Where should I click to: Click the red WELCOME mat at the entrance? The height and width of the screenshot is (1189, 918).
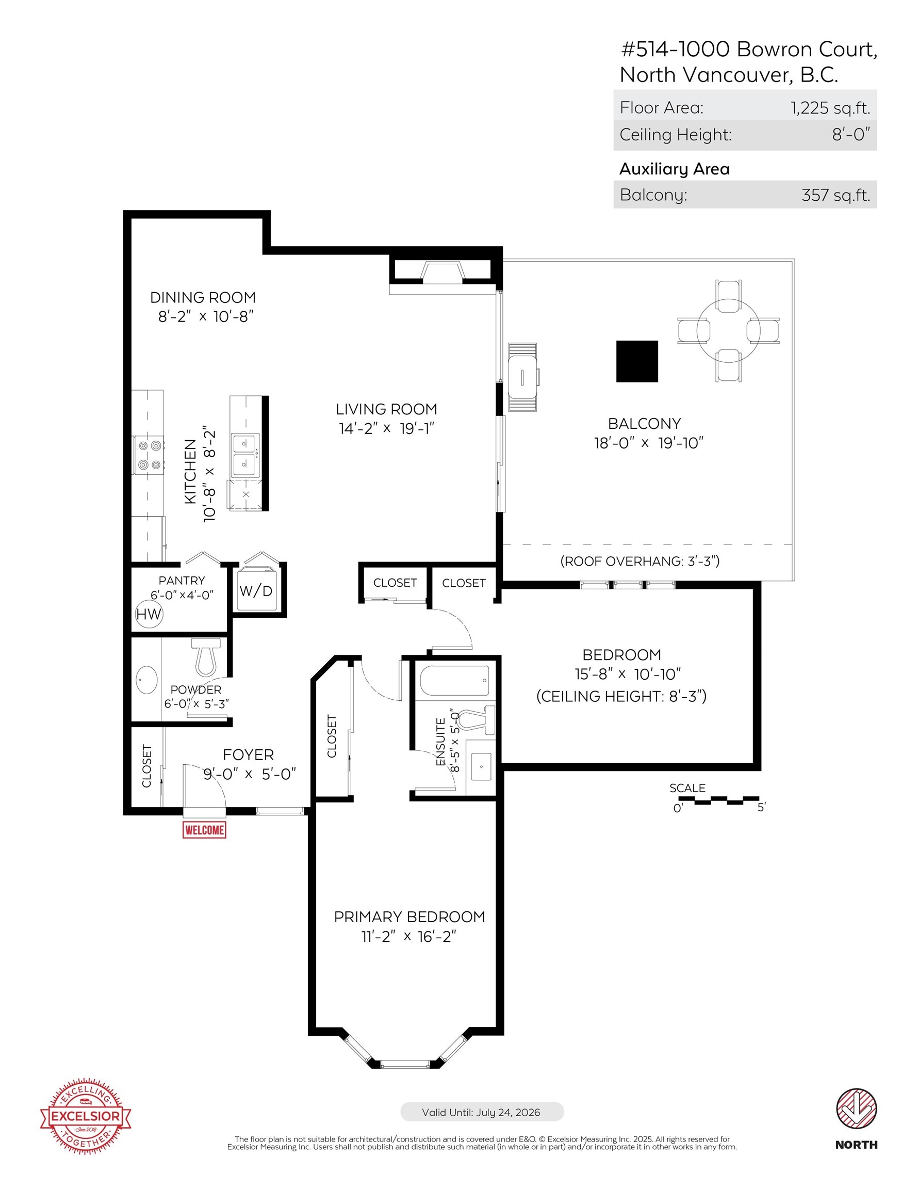pos(204,830)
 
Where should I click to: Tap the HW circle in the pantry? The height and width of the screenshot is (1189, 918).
pos(149,614)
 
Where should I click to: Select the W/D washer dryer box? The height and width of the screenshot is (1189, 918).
pos(256,590)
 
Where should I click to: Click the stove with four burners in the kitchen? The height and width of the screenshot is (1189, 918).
pos(150,455)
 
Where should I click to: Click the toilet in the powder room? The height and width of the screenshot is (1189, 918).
pos(206,657)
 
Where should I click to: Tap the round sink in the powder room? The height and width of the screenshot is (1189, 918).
pos(146,680)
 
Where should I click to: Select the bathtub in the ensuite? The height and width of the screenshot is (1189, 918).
pos(454,681)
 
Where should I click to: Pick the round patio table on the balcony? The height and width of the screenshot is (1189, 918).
pos(728,330)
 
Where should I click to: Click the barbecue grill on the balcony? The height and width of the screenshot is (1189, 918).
pos(522,377)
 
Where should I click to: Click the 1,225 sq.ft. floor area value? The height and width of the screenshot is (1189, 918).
pos(830,108)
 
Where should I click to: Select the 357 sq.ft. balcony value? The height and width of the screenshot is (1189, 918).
pos(835,195)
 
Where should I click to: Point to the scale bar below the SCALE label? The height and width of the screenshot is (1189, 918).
pos(718,800)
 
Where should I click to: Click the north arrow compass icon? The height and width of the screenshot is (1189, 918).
pos(856,1109)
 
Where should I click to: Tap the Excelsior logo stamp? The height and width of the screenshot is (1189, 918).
pos(86,1116)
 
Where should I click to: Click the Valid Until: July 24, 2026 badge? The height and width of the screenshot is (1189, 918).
pos(482,1112)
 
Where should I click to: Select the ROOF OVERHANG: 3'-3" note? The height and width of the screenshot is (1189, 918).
pos(640,561)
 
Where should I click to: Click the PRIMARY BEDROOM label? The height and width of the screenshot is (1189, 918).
pos(409,917)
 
